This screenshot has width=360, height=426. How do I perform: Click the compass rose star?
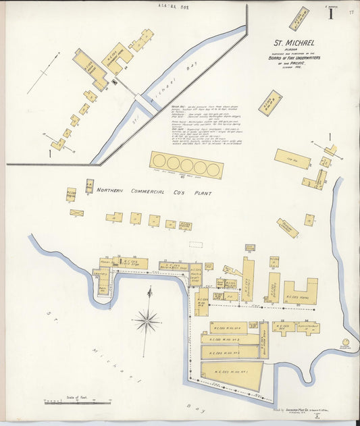tap(147, 320)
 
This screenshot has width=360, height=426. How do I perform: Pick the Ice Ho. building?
tap(292, 159)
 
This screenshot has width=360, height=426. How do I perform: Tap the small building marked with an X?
tap(76, 213)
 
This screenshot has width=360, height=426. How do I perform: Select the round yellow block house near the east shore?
tap(346, 344)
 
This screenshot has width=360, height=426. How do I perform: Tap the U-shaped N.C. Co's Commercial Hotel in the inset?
tap(118, 59)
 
